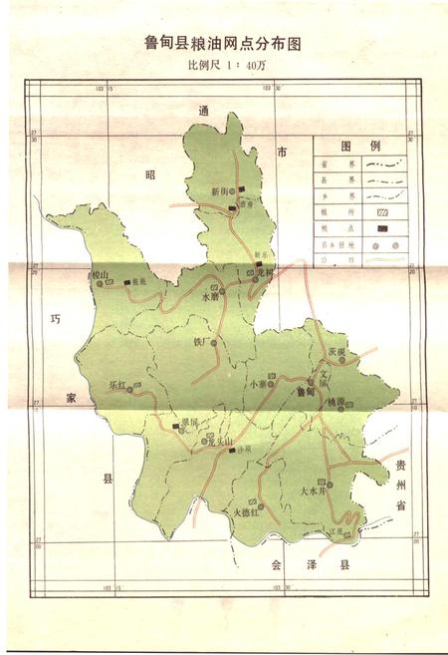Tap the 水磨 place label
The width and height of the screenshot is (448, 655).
point(209,296)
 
